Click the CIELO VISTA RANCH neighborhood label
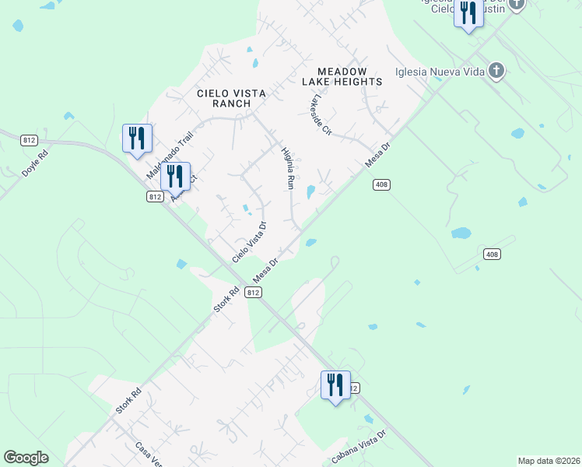231,98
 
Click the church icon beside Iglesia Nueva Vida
496,72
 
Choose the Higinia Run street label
287,170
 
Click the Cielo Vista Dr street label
250,241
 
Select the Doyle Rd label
35,163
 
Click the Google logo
26,458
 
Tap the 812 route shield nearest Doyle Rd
30,140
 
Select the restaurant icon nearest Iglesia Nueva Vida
468,15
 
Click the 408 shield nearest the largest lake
491,255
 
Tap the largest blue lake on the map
462,233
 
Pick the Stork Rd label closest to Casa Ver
127,399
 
